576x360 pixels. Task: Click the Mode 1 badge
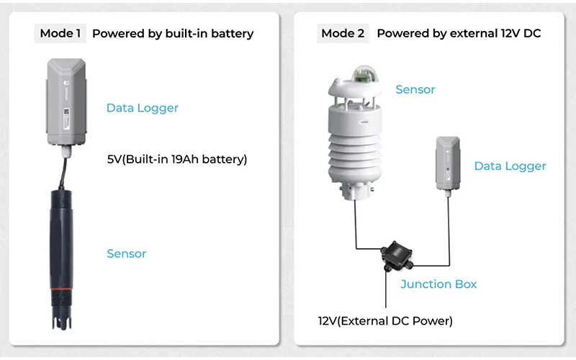[61, 33]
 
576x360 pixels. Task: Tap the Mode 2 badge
[343, 33]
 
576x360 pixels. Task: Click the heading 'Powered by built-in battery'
[173, 33]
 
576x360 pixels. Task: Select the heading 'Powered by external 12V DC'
[459, 33]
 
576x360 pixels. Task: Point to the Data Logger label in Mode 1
[142, 108]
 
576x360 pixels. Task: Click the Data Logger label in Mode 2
[510, 166]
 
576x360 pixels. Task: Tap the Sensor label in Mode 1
[127, 253]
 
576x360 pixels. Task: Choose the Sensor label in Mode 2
[415, 90]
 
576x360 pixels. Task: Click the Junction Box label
[438, 284]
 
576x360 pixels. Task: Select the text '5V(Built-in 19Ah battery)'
[176, 159]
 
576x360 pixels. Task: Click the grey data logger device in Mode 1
[66, 101]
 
